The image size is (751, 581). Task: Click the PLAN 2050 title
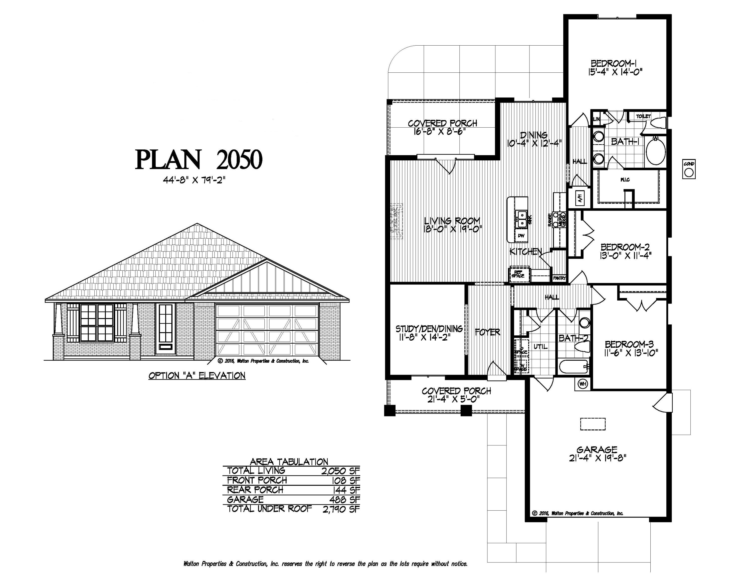pyautogui.click(x=199, y=160)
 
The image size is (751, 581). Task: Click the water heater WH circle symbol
pyautogui.click(x=583, y=384)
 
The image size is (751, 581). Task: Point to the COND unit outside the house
pyautogui.click(x=689, y=170)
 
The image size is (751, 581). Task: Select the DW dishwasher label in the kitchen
pyautogui.click(x=521, y=236)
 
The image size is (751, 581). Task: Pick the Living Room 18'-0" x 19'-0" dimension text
pyautogui.click(x=453, y=229)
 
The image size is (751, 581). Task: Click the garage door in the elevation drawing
pyautogui.click(x=267, y=330)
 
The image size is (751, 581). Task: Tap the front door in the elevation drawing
pyautogui.click(x=165, y=328)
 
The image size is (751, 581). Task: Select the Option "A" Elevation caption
pyautogui.click(x=197, y=375)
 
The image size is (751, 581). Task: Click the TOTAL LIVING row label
pyautogui.click(x=256, y=470)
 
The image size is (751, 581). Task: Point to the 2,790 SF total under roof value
pyautogui.click(x=341, y=509)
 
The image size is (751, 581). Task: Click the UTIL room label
pyautogui.click(x=540, y=347)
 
